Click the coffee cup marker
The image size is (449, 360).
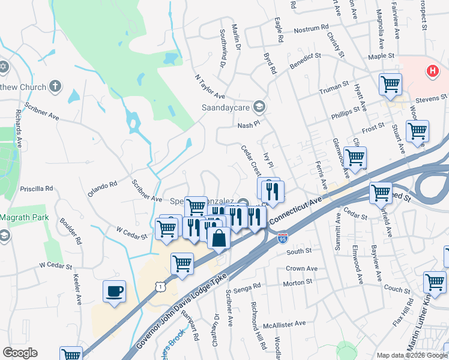point(114,292)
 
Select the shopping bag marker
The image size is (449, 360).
point(219,238)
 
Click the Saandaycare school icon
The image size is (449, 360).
point(259,107)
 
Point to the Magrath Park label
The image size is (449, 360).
point(23,217)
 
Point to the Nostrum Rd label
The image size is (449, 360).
point(312,28)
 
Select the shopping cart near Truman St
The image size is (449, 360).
point(390,83)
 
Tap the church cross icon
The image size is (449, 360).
point(55,86)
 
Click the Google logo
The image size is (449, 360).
point(20,353)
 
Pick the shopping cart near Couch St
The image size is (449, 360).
point(435,281)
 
